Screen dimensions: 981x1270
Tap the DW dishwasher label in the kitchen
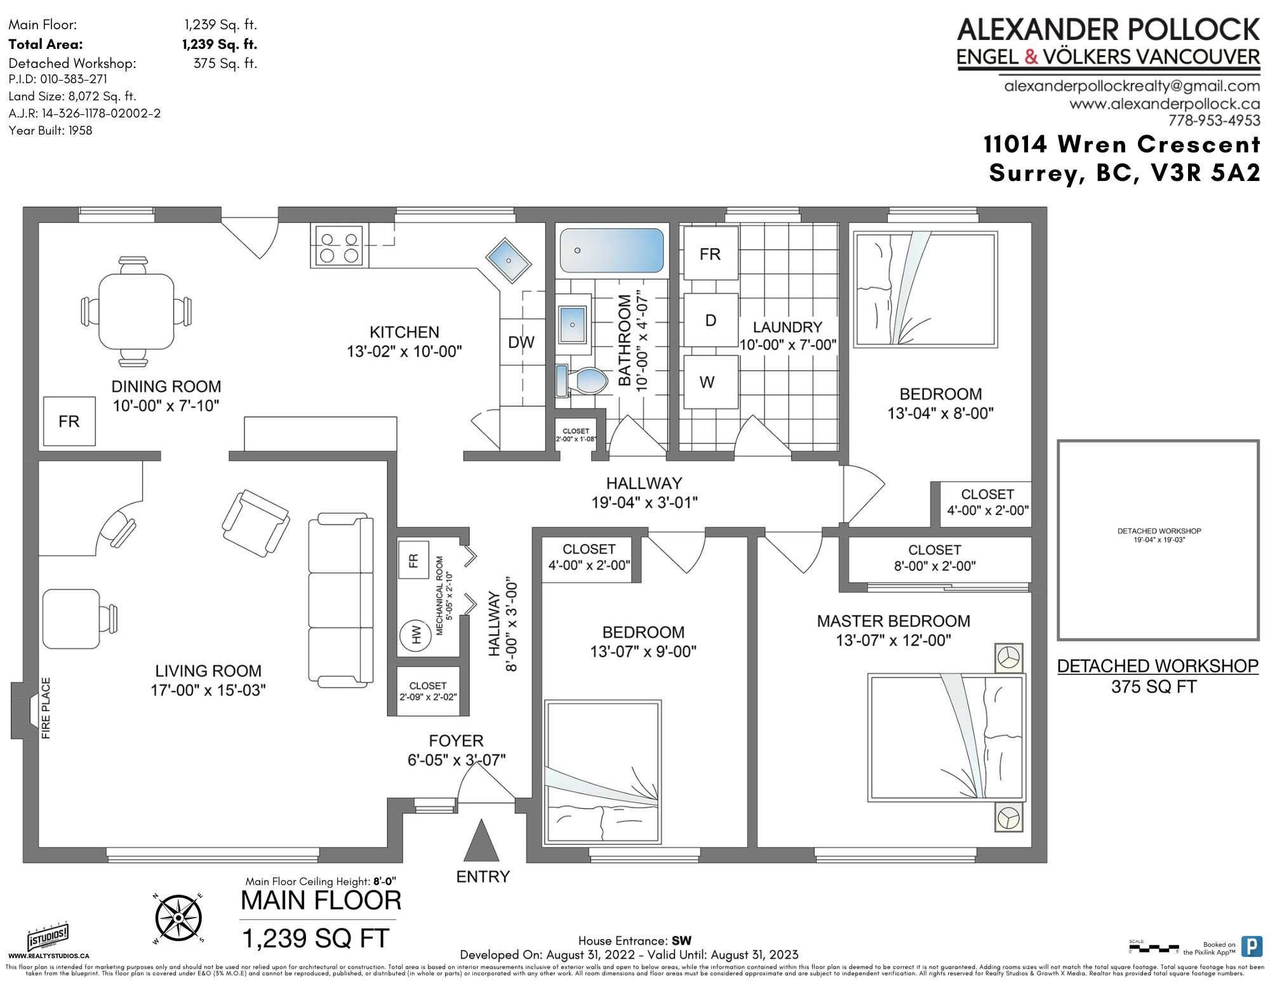click(521, 342)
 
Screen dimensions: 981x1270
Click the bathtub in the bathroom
click(612, 250)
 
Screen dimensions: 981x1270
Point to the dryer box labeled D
click(711, 320)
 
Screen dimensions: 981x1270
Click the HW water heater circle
click(417, 635)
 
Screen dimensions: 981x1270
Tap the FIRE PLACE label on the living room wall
click(46, 708)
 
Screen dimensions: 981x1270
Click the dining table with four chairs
click(137, 311)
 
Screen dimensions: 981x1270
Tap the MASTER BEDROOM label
click(893, 621)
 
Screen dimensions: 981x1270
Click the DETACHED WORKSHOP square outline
click(1158, 540)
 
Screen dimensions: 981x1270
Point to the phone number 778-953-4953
click(1213, 120)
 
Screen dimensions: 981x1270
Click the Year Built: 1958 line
click(51, 130)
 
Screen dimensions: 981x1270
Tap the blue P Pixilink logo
click(1251, 946)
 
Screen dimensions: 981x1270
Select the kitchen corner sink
click(509, 260)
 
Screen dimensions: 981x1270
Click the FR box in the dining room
click(69, 421)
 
